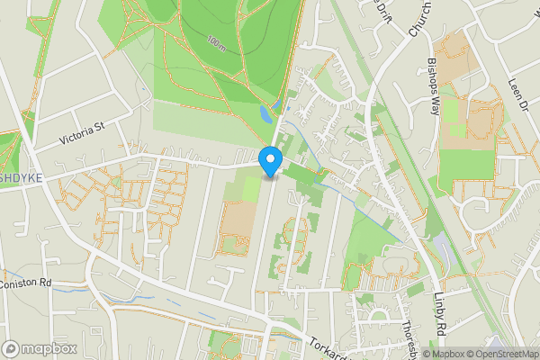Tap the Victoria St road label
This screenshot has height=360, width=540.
point(82,134)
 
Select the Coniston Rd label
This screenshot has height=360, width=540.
point(26,283)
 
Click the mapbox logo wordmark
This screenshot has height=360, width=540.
point(49,348)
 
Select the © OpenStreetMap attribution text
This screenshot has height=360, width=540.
point(502,354)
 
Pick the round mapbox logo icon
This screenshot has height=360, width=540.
point(11,348)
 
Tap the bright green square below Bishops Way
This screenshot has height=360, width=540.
point(476,164)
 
